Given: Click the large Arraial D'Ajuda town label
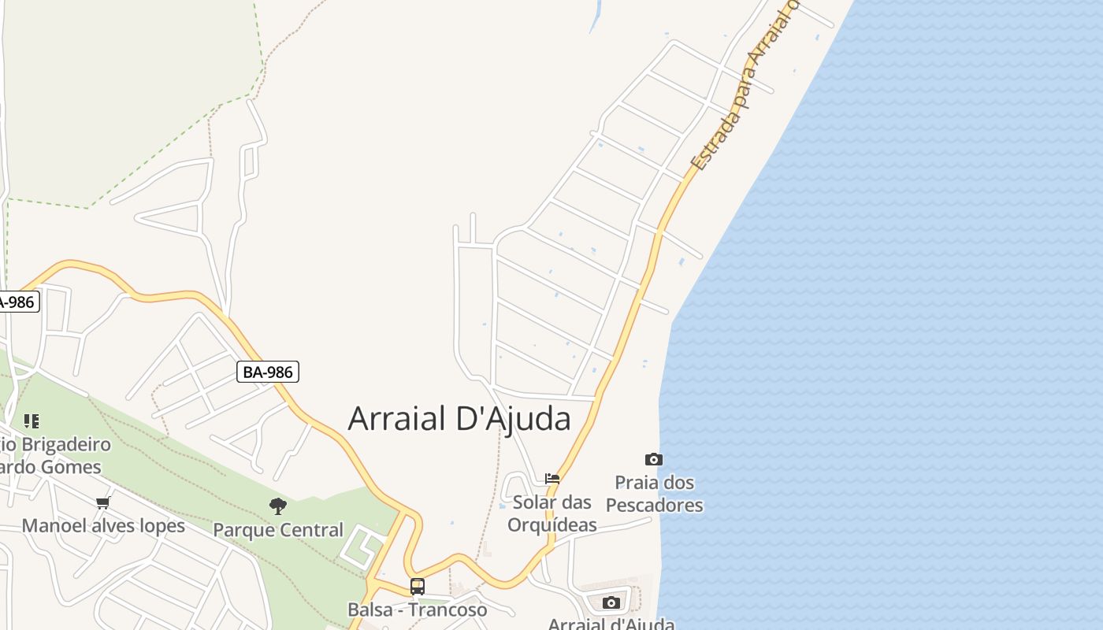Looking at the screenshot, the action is (459, 419).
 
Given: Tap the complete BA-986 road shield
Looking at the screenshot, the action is (268, 372).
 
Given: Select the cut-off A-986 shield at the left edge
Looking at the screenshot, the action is (17, 302).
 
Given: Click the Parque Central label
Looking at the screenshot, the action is (278, 530).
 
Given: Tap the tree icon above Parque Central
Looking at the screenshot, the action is (277, 506).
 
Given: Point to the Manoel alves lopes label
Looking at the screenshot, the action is (103, 526).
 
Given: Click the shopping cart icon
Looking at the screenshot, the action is (102, 502).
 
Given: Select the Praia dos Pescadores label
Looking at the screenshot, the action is (654, 494).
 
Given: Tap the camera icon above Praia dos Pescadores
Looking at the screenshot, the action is (654, 459).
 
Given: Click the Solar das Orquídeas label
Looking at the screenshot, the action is (551, 513).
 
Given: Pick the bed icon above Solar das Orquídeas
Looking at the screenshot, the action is (552, 478).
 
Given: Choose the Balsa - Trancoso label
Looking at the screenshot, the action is (417, 610).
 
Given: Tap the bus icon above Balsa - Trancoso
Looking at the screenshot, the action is (417, 587).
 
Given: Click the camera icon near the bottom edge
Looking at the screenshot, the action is (611, 603).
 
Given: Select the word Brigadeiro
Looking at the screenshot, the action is (66, 444).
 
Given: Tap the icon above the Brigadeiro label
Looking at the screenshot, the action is (32, 421).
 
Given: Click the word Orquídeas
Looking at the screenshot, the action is (551, 524).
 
